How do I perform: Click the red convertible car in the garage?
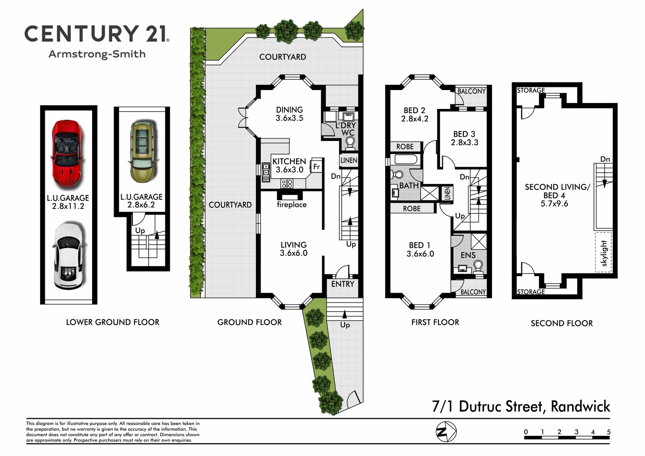pos(68,154)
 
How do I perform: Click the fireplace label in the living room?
pos(291,204)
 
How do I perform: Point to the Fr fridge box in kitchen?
pos(316,166)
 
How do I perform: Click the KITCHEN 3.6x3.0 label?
pos(289,166)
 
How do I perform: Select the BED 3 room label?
pos(464,138)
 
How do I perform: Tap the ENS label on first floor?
pos(468,255)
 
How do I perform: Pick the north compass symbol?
pos(446,432)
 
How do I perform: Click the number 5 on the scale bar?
pos(609,432)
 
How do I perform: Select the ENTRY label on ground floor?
pos(343,284)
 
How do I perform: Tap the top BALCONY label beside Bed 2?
pos(472,91)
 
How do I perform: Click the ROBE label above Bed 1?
pos(411,208)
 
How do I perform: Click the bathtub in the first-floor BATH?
pos(406,160)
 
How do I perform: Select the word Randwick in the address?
pos(580,406)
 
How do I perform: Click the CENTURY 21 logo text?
pos(97,34)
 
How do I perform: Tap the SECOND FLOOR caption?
pos(561,323)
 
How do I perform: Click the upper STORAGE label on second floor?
pos(531,90)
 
